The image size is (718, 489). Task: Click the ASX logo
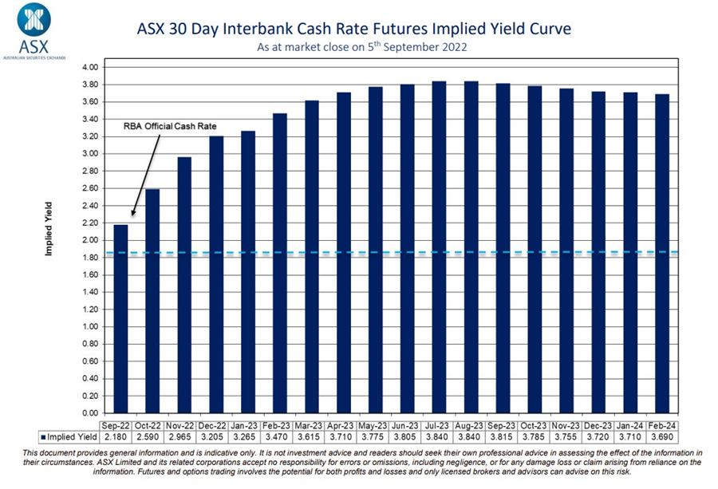tap(33, 29)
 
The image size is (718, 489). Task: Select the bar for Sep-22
tap(120, 319)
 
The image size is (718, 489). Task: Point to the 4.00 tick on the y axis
tap(89, 67)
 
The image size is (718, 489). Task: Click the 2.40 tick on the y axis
tap(89, 205)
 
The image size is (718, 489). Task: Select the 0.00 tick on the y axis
tap(89, 413)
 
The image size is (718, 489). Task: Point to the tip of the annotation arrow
tap(132, 216)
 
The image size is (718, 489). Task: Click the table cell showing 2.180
tap(120, 436)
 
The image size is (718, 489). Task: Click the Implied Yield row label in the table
tap(71, 436)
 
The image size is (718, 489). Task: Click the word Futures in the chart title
tap(381, 30)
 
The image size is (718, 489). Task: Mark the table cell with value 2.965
tap(184, 436)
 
